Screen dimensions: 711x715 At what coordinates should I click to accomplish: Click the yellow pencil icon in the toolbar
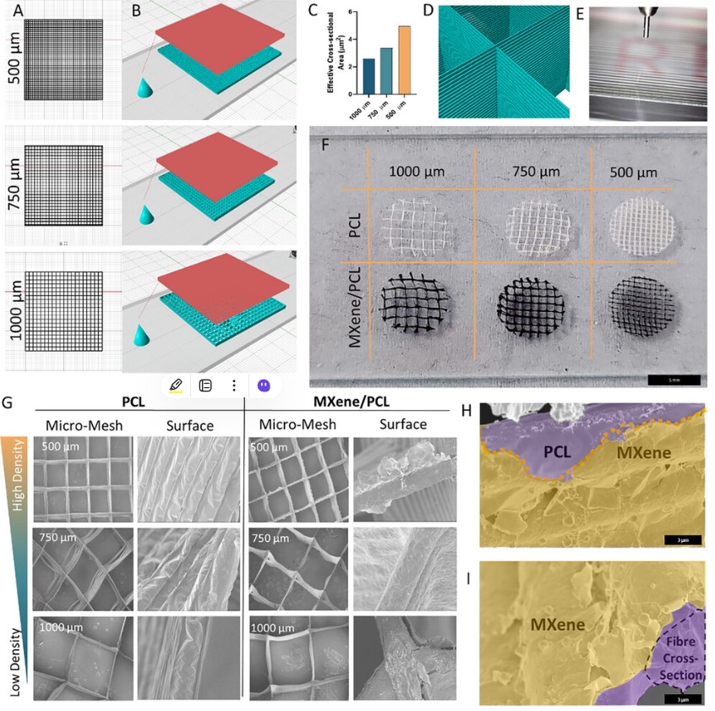pyautogui.click(x=175, y=385)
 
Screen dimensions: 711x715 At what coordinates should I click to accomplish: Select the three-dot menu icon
pyautogui.click(x=233, y=385)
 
